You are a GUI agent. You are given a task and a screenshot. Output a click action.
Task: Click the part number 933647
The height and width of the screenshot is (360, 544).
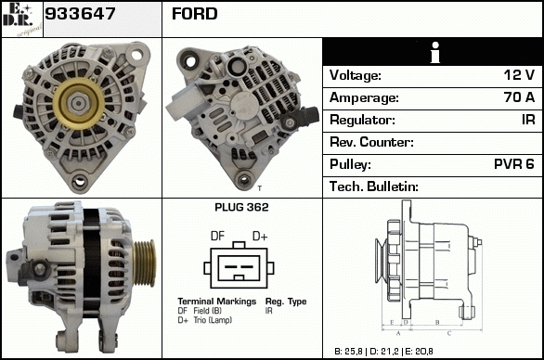tap(80, 14)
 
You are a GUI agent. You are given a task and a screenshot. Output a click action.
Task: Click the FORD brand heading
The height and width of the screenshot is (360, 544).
tap(194, 14)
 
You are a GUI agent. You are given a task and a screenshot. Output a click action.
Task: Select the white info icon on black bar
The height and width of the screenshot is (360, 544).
tap(434, 52)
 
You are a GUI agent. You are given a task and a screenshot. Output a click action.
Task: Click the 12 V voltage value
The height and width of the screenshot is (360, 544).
tap(519, 75)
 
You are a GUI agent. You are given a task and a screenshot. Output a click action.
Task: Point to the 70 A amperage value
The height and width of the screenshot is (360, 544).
tap(519, 97)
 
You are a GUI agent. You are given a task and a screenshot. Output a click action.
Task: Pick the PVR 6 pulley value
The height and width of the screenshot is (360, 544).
tap(514, 164)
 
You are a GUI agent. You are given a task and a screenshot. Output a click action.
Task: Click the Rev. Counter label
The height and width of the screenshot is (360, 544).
tap(371, 142)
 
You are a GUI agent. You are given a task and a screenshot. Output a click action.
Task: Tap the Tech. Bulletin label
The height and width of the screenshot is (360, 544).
tap(374, 186)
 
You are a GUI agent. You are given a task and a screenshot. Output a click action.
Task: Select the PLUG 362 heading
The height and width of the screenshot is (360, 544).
tap(241, 208)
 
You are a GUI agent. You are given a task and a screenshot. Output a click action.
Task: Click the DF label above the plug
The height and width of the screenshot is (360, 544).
tap(217, 237)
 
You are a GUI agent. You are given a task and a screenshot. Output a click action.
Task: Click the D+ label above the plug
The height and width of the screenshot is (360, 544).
tap(260, 237)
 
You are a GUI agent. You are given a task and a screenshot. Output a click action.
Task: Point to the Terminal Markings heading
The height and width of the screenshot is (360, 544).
tap(217, 301)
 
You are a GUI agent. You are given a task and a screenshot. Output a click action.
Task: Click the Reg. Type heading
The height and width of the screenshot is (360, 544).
tap(286, 302)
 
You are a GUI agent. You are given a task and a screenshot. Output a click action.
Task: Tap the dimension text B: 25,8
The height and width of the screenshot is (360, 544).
tap(348, 352)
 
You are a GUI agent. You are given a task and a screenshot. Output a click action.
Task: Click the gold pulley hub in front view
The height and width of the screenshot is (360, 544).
tap(78, 103)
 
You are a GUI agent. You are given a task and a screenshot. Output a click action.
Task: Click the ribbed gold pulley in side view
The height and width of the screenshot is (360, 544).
tap(144, 263)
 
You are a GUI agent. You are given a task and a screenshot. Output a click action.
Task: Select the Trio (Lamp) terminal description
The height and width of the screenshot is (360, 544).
tap(213, 320)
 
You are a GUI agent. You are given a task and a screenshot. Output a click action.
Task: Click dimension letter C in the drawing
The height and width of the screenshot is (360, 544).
tap(449, 333)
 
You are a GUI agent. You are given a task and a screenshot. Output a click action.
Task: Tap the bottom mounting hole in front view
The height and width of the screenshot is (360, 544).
tap(80, 181)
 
